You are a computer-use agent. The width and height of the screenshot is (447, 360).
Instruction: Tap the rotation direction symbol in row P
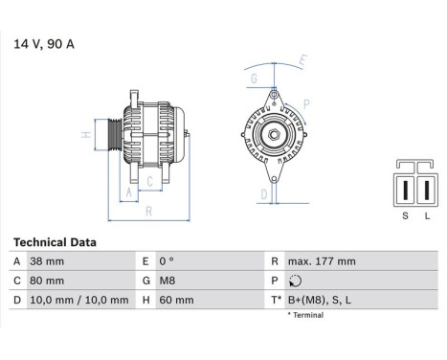(x=293, y=281)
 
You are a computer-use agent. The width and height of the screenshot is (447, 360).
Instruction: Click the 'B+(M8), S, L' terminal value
(x=320, y=300)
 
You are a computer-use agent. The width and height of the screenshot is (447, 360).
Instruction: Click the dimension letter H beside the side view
(x=85, y=135)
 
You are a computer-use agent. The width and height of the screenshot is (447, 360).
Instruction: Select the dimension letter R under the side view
(x=147, y=212)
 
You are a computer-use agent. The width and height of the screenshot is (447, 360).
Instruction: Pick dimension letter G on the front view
(x=253, y=79)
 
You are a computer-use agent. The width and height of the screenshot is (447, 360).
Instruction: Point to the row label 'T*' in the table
(x=278, y=300)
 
